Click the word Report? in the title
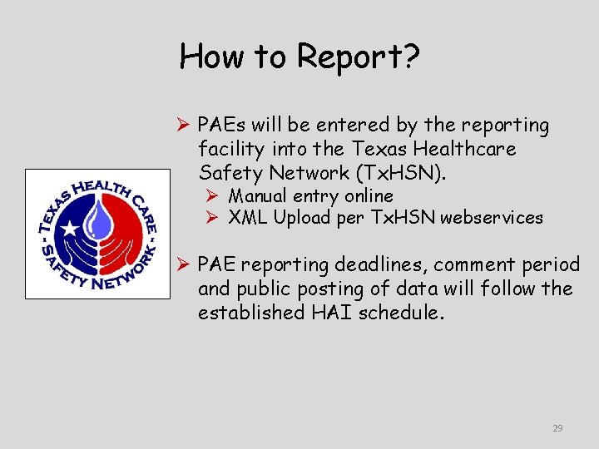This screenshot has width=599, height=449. [x=359, y=57]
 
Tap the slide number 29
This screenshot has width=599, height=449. [x=557, y=428]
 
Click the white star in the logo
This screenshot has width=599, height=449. [x=72, y=226]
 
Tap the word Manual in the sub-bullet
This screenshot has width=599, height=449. [x=258, y=196]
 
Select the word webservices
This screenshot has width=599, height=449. [x=492, y=219]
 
